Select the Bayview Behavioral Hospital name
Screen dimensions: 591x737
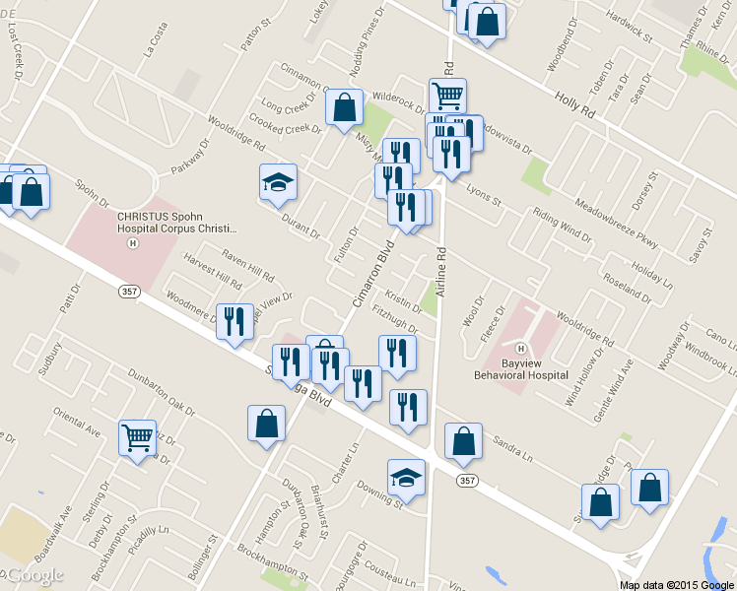[x=535, y=368]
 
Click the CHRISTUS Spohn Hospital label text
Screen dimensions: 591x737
[x=176, y=222]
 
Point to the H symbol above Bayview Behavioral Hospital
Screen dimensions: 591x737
[x=521, y=349]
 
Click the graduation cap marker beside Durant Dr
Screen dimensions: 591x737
[x=278, y=182]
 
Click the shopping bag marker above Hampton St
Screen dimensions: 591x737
[x=266, y=424]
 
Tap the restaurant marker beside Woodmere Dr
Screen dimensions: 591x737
[x=234, y=322]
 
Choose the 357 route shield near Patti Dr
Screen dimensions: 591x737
[x=128, y=292]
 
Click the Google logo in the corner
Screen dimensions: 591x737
[x=33, y=575]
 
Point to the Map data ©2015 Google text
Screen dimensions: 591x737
[x=675, y=584]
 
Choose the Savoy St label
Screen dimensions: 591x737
[x=703, y=243]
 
